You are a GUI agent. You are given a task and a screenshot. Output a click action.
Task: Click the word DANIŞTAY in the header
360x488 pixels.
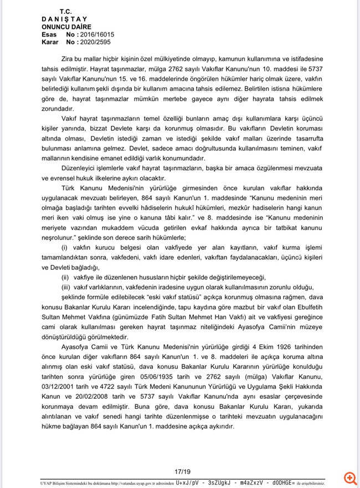(x=60, y=19)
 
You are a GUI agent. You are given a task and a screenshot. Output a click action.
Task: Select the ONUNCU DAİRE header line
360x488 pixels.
(x=66, y=27)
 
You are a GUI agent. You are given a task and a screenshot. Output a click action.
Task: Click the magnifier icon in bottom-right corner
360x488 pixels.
(x=349, y=477)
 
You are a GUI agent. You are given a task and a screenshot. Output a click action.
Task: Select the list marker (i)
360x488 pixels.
(x=65, y=246)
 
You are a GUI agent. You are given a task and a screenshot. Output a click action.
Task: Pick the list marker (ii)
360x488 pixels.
(x=65, y=276)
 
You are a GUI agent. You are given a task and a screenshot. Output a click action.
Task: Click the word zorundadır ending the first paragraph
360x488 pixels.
(x=58, y=108)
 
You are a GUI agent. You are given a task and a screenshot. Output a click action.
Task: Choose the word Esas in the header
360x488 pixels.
(x=49, y=34)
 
